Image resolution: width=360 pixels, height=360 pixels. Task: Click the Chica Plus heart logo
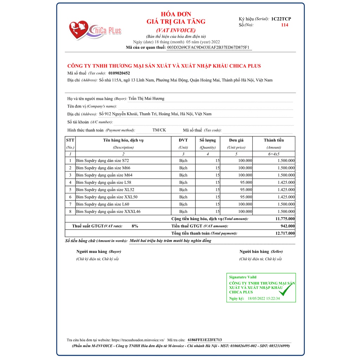(x=79, y=30)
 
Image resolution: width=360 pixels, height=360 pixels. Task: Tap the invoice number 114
(x=285, y=25)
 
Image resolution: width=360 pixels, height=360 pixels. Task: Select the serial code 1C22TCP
(x=281, y=19)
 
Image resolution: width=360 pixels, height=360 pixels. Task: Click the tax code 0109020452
(x=119, y=73)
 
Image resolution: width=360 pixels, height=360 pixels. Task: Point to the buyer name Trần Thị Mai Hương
(x=146, y=99)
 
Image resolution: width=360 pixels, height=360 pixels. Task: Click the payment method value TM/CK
(x=159, y=130)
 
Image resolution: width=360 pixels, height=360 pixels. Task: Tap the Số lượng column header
(x=207, y=140)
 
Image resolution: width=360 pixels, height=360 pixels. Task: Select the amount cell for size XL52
(x=286, y=190)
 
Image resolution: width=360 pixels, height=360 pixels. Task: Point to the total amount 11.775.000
(x=285, y=219)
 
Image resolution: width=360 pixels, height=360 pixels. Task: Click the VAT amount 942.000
(x=288, y=226)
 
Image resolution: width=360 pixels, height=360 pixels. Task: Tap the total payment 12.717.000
(x=285, y=233)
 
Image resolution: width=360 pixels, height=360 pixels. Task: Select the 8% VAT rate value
(x=135, y=226)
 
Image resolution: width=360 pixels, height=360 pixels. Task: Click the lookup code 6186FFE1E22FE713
(x=205, y=340)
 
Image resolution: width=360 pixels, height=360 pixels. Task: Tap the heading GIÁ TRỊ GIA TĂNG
(x=176, y=22)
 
